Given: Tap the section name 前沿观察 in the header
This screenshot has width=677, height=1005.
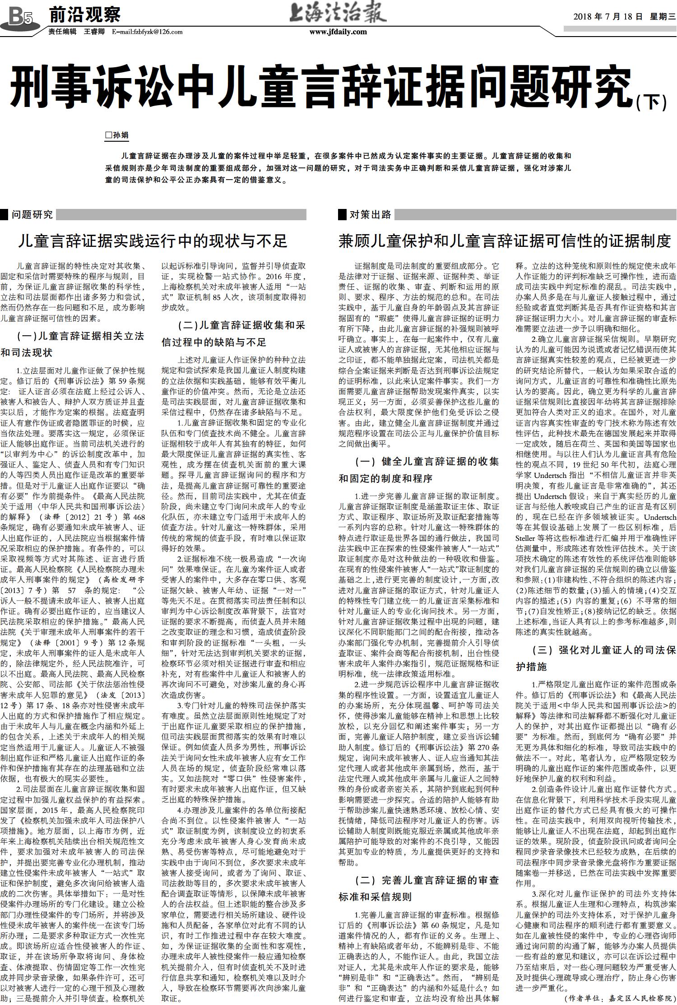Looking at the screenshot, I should click(84, 14).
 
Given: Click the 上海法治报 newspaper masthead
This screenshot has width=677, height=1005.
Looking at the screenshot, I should click(338, 14).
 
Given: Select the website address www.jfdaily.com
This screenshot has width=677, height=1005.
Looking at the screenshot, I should click(338, 32).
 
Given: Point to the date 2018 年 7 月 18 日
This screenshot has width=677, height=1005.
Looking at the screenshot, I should click(607, 17).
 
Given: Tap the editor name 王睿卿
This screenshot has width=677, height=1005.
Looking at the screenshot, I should click(94, 32).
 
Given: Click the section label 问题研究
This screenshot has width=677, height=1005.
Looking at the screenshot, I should click(32, 214).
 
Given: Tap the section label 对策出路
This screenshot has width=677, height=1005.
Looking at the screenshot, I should click(371, 214).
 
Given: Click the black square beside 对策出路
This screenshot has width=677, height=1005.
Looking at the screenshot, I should click(343, 214).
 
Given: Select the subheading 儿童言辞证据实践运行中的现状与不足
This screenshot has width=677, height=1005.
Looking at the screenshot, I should click(153, 241).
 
